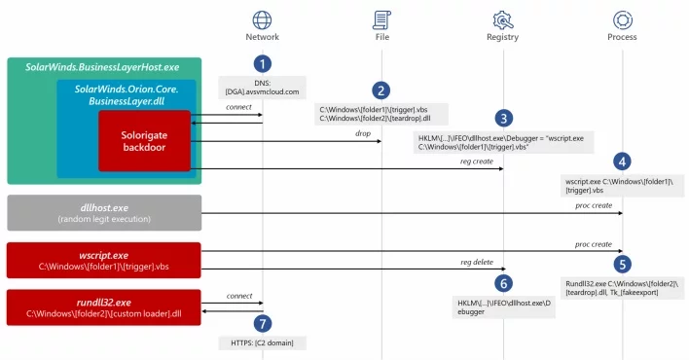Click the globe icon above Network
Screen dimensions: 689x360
262,20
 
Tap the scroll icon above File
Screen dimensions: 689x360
381,20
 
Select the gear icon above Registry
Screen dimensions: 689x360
503,20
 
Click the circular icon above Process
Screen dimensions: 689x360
623,20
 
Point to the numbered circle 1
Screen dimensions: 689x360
263,64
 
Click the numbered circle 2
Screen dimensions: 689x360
381,91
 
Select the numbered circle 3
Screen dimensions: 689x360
503,119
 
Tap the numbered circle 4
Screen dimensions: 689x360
622,162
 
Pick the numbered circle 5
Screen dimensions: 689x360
622,265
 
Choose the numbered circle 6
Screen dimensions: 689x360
503,283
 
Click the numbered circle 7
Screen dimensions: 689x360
263,324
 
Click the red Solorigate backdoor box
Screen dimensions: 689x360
145,141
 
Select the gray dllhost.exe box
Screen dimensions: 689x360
104,213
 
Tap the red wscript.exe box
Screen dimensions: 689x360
104,260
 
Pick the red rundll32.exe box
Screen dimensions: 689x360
104,307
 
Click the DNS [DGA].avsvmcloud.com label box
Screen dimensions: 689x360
263,88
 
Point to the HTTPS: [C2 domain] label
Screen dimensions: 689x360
263,342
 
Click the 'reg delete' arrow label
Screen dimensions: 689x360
477,262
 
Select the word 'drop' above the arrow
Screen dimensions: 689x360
363,133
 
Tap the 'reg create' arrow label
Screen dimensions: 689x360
477,162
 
